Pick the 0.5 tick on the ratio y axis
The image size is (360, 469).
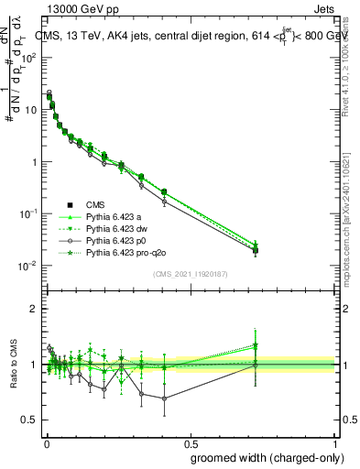click(x=31, y=420)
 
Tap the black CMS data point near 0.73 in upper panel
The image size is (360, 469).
click(x=256, y=250)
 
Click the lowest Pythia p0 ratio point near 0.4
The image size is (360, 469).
click(x=164, y=398)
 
